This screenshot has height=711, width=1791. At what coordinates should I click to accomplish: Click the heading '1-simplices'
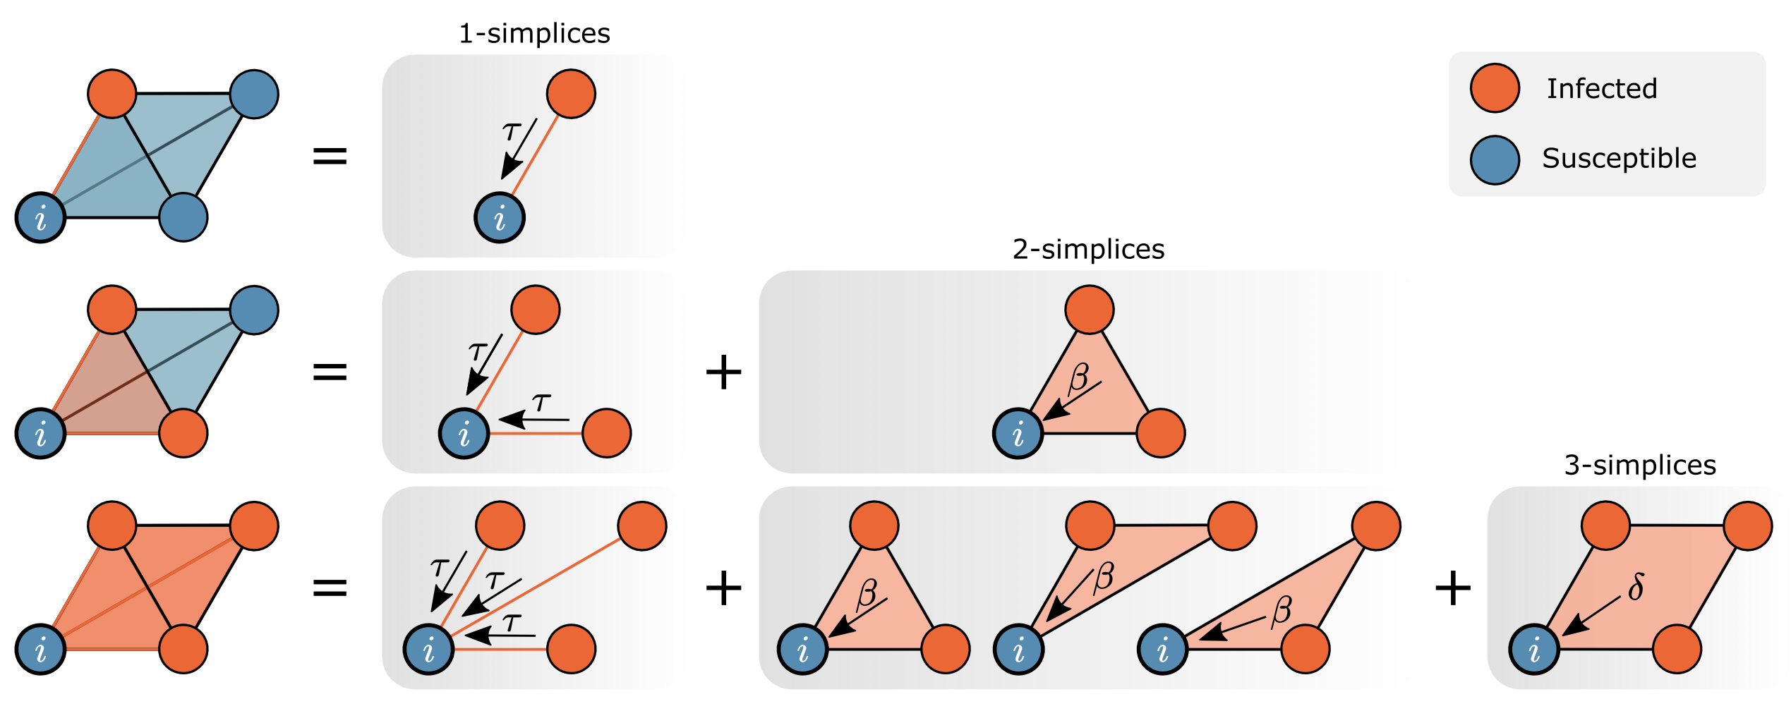[534, 34]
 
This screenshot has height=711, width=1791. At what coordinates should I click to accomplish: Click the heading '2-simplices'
[1088, 250]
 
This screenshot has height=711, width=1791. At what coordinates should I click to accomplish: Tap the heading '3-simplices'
[1640, 466]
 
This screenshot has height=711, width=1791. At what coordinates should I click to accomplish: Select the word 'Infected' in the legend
[1602, 89]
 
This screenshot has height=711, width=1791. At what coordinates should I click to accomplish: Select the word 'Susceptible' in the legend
[1619, 158]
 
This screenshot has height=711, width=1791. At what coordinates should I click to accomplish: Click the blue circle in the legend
[1495, 160]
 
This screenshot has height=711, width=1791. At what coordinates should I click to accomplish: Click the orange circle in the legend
[1495, 88]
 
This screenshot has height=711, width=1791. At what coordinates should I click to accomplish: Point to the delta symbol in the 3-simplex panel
[1636, 587]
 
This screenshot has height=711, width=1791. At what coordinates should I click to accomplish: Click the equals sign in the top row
[330, 156]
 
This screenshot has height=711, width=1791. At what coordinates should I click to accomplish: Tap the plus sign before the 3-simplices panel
[1453, 588]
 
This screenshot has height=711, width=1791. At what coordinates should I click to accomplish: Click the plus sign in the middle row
[724, 372]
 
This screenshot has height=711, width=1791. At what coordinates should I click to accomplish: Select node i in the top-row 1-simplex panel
[500, 218]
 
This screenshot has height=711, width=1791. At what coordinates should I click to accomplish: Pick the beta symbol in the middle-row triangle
[1078, 378]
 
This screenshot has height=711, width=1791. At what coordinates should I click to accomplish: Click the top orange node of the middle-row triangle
[1090, 310]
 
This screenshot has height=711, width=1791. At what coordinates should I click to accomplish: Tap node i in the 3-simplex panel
[1534, 650]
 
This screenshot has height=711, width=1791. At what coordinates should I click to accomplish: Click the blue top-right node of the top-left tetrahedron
[254, 95]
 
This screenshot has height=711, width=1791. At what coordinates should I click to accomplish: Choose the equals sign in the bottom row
[330, 588]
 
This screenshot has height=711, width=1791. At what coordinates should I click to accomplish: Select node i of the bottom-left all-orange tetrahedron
[41, 650]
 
